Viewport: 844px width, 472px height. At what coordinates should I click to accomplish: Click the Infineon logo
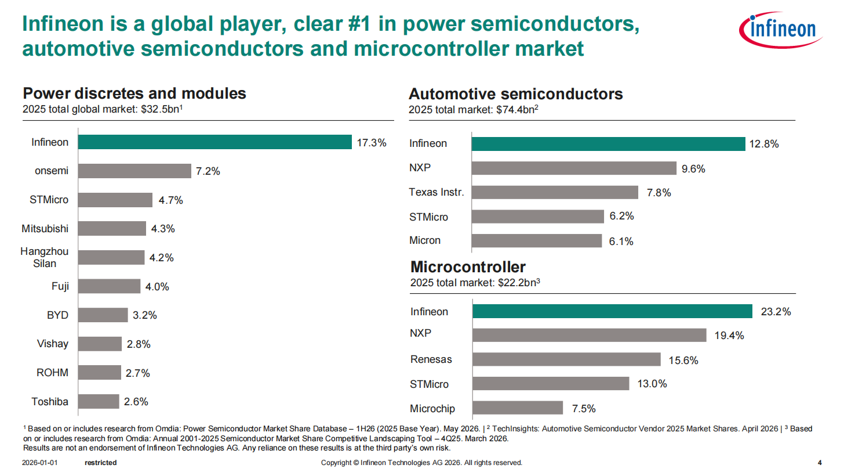pos(781,30)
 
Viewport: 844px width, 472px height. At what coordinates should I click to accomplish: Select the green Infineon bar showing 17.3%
pos(214,142)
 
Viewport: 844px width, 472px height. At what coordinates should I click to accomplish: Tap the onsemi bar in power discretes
pos(134,171)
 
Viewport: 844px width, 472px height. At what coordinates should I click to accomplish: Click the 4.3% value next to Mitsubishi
pos(163,229)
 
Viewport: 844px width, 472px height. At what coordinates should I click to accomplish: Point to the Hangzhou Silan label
pos(45,257)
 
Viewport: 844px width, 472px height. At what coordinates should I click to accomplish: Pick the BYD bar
pos(103,315)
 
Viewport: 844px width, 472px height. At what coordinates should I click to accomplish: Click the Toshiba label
pos(50,401)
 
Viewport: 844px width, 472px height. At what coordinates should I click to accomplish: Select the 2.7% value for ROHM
pos(137,373)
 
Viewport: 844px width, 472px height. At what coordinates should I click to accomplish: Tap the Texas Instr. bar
pos(555,192)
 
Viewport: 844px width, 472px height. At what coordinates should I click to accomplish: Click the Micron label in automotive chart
pos(425,240)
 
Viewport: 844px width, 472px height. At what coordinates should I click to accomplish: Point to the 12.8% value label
pos(764,144)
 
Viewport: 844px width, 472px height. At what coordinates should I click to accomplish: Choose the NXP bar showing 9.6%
pos(574,168)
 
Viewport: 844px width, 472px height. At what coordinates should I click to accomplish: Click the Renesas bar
pos(566,359)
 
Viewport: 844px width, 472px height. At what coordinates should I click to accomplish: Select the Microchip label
pos(432,409)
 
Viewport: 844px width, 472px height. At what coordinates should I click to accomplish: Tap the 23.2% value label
pos(776,312)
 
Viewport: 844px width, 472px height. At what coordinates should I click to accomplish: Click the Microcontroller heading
pos(468,266)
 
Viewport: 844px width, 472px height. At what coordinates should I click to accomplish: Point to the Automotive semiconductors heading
pos(516,94)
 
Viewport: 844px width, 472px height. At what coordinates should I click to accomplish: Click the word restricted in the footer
pos(101,463)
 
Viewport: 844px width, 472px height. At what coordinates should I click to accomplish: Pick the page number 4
pos(820,463)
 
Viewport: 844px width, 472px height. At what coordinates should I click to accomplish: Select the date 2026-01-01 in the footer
pos(39,463)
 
